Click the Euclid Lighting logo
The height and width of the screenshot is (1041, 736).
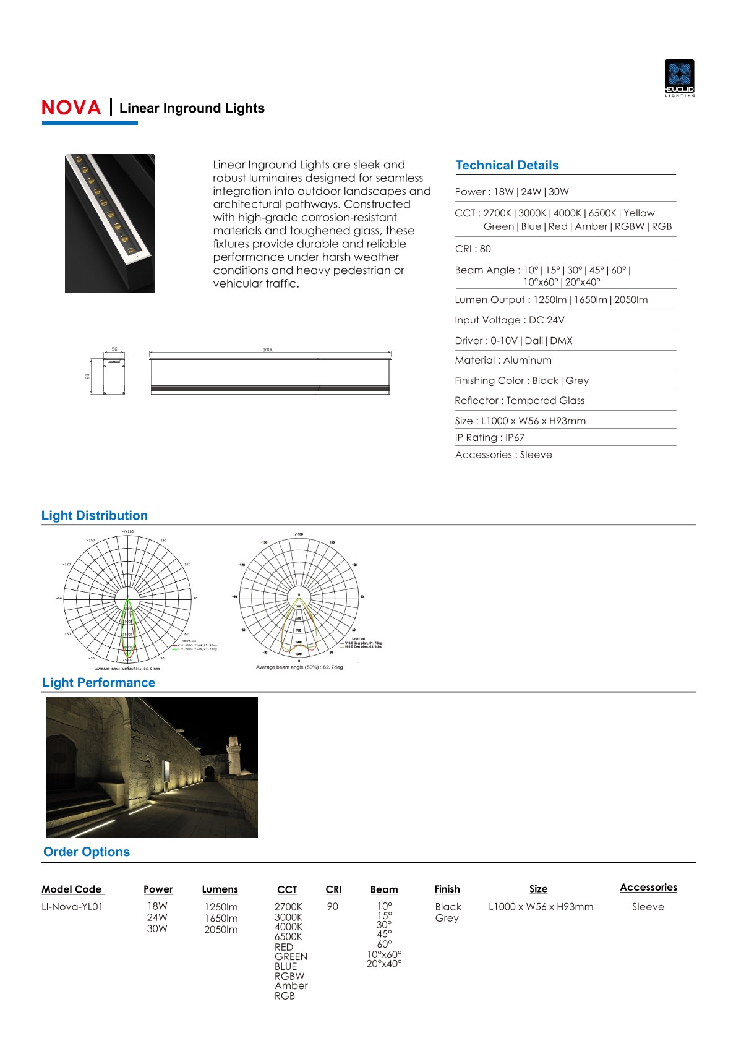point(679,77)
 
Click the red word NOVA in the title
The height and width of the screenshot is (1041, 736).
point(71,108)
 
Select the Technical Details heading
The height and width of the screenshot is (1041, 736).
point(507,165)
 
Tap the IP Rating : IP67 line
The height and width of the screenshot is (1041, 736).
point(489,437)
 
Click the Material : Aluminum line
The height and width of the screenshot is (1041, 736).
point(503,360)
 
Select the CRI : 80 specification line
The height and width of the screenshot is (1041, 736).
point(473,249)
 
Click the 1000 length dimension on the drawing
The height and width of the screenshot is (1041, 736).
point(268,350)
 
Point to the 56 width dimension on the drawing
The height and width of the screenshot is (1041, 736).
point(114,349)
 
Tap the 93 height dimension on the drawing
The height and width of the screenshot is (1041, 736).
point(88,375)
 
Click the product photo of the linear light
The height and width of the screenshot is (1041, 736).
point(109,223)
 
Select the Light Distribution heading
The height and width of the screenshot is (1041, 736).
point(95,515)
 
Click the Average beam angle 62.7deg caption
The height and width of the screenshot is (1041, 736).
point(299,667)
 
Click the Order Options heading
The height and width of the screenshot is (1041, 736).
point(87,852)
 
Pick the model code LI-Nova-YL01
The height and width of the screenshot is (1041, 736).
point(72,907)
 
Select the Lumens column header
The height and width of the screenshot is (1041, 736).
point(220,889)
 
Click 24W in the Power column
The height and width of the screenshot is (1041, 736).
point(157,917)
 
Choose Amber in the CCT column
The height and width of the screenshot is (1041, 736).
point(291,986)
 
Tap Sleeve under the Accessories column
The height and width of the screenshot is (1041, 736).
point(648,907)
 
